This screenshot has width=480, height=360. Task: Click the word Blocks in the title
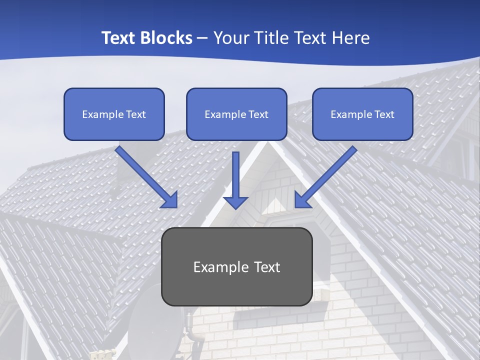(x=165, y=38)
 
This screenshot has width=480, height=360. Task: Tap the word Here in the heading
(x=348, y=38)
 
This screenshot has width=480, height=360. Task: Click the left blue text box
(x=114, y=114)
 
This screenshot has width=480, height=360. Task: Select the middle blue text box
(x=236, y=114)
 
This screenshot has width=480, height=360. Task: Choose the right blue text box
(x=362, y=114)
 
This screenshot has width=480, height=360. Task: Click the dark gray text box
(x=236, y=266)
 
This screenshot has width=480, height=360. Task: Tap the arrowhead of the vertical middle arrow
(x=235, y=202)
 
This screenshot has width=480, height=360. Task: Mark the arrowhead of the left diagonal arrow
(x=170, y=200)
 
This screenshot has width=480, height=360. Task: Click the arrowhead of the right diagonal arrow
(x=301, y=200)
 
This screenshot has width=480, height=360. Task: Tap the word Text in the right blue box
(x=384, y=114)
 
